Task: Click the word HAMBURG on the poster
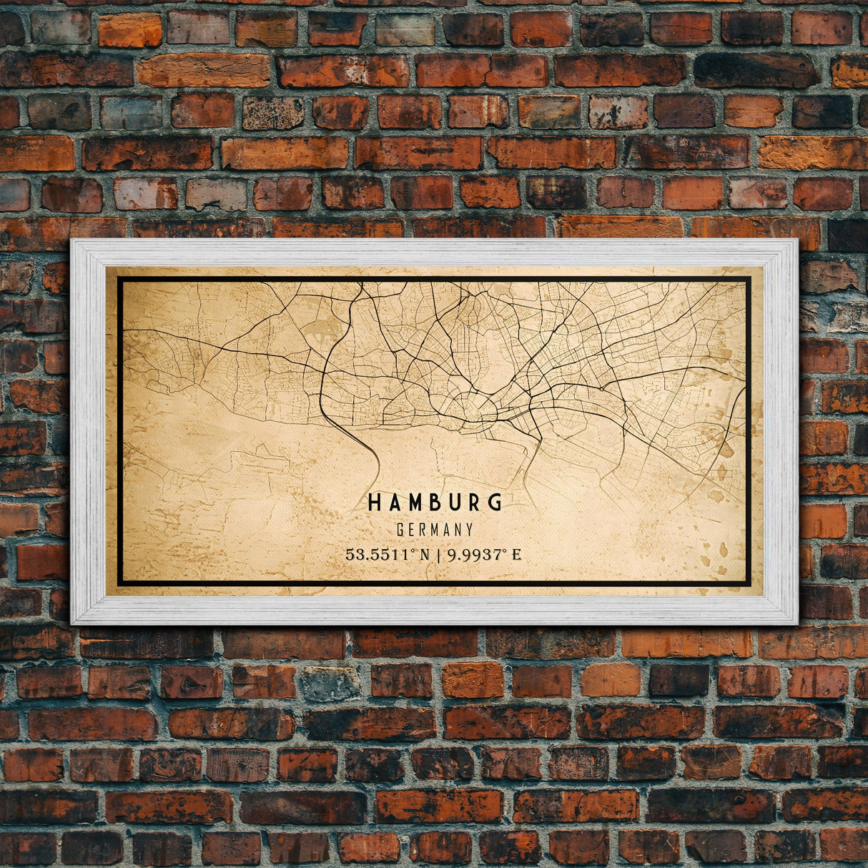435,502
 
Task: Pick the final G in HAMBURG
495,502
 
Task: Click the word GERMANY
435,530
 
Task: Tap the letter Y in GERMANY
469,530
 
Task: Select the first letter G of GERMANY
400,530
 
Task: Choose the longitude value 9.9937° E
484,554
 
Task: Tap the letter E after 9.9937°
516,554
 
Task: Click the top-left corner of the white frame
72,241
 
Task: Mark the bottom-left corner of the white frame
72,623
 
